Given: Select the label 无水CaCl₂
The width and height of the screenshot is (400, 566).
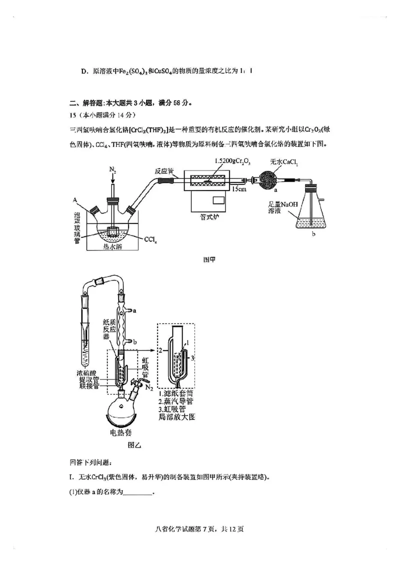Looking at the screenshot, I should pyautogui.click(x=283, y=161).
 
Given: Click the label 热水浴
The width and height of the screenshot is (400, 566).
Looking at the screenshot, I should pyautogui.click(x=113, y=246).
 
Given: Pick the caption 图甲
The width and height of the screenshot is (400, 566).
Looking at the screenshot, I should pyautogui.click(x=210, y=260).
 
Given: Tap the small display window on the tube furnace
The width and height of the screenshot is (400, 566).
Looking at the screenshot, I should pyautogui.click(x=218, y=201).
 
